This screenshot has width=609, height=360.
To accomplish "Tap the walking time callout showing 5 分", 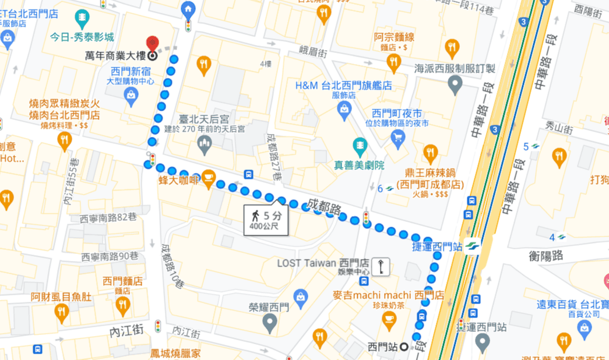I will pyautogui.click(x=266, y=219).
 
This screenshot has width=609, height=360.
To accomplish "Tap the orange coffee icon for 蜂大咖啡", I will pyautogui.click(x=209, y=177).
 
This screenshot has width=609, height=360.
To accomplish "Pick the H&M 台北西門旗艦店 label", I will pyautogui.click(x=343, y=86).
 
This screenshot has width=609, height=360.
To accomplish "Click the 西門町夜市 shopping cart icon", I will pyautogui.click(x=398, y=137).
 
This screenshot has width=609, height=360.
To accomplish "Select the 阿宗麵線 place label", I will pyautogui.click(x=394, y=37).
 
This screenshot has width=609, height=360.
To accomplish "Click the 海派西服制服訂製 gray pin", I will pyautogui.click(x=455, y=84).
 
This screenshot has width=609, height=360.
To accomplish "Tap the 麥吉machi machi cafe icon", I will pyautogui.click(x=389, y=318).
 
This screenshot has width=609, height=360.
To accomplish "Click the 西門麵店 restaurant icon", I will pyautogui.click(x=122, y=305).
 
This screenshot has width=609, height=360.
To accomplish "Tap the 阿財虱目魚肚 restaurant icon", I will pyautogui.click(x=62, y=312).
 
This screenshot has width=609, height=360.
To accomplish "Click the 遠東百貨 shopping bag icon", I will pyautogui.click(x=584, y=329).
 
